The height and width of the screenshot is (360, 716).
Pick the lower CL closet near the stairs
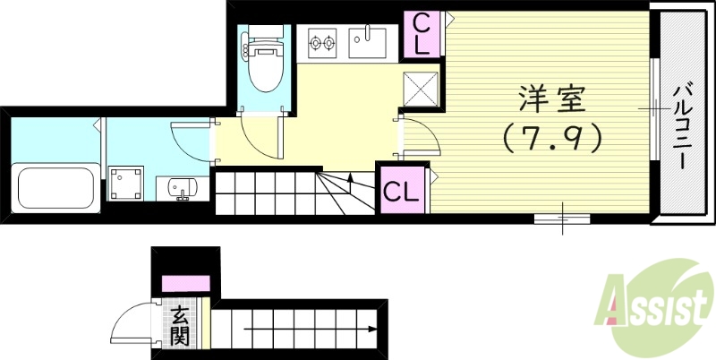(x=400, y=190)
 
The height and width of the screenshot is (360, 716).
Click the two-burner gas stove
(x=320, y=40)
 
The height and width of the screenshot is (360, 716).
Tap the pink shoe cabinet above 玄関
(x=184, y=284)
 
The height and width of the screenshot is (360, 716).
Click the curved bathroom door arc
(x=190, y=139)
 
